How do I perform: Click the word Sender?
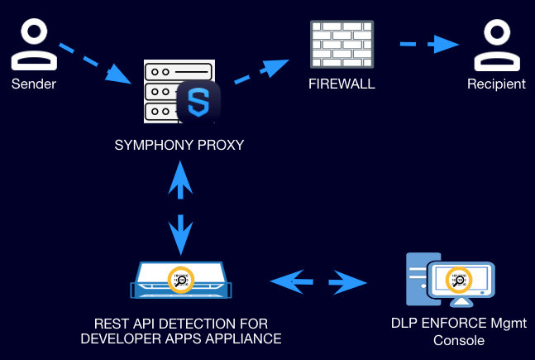click(x=32, y=84)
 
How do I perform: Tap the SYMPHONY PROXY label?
click(x=179, y=146)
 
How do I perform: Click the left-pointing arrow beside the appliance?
click(x=291, y=283)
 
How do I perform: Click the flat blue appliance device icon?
click(x=179, y=281)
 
